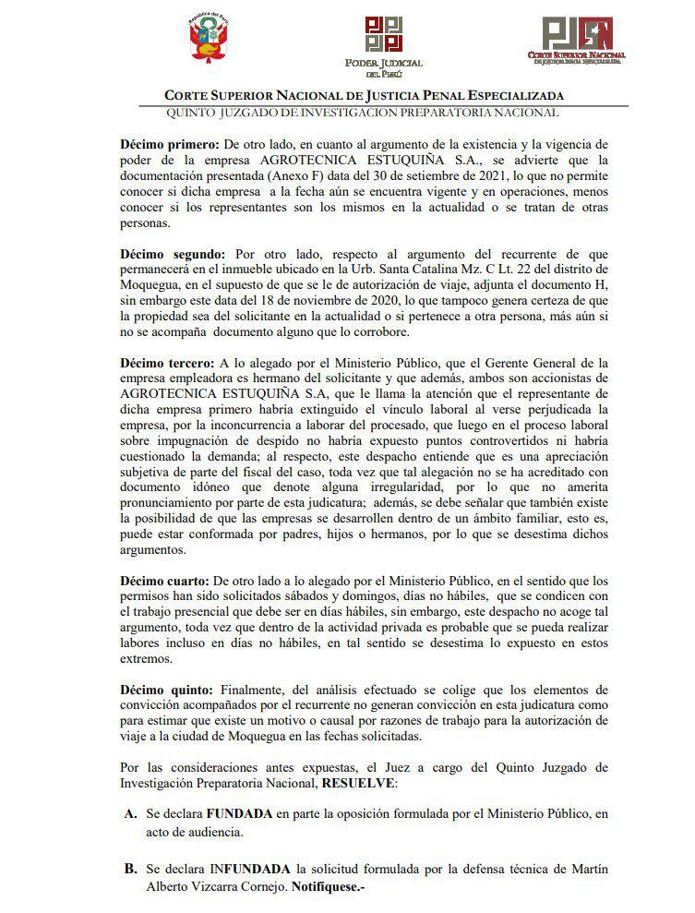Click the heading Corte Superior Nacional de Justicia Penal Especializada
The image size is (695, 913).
(x=364, y=95)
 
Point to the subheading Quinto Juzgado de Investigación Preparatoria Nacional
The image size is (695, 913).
(x=362, y=113)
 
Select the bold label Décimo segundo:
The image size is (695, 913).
(x=173, y=253)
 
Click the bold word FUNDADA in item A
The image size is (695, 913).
(x=238, y=814)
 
